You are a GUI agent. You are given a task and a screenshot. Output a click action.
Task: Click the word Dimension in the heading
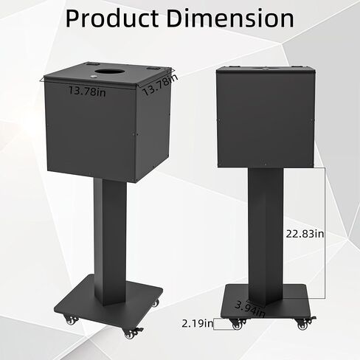[x=230, y=18]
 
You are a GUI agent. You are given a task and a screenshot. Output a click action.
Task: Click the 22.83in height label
[x=305, y=234]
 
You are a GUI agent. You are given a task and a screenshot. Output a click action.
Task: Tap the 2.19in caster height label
[x=197, y=322]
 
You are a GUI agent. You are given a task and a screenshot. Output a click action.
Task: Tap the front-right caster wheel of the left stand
[x=131, y=334]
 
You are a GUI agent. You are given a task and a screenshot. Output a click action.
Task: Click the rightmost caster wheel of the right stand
[x=302, y=323]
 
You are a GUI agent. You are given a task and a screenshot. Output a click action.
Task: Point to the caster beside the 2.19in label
[x=236, y=324]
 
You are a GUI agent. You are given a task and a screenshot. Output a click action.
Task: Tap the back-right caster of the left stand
[x=153, y=302]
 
